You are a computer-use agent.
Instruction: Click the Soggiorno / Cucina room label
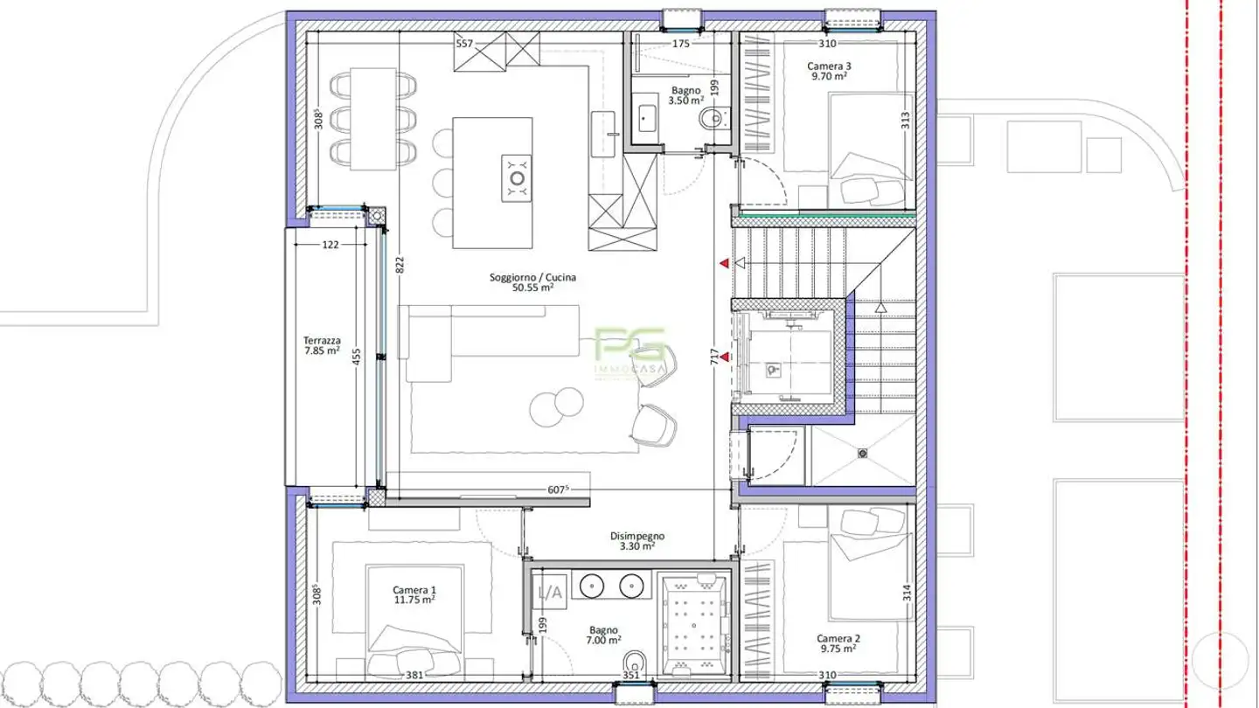click(x=532, y=282)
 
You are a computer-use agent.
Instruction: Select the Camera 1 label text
click(x=414, y=594)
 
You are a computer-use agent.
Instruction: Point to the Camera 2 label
click(x=838, y=643)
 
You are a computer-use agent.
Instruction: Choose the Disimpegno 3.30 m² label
click(x=637, y=541)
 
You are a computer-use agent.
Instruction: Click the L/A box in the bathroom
click(x=549, y=593)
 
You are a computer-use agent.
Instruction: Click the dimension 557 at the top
click(x=464, y=43)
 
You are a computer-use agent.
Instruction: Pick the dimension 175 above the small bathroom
click(x=681, y=43)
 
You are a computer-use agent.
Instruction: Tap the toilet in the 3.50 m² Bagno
click(x=712, y=117)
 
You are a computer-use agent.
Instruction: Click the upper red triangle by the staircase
click(x=724, y=262)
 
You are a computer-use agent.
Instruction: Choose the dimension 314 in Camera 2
click(x=907, y=593)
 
